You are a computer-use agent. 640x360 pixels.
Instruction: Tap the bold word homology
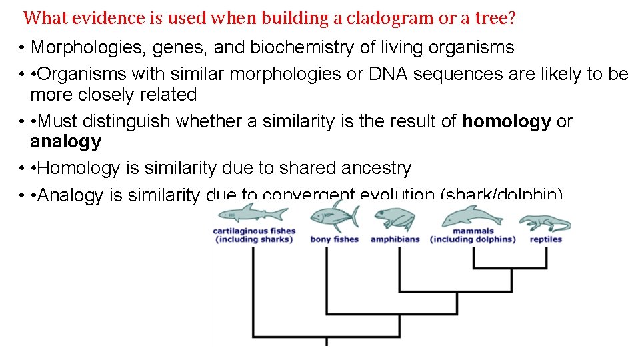coord(507,121)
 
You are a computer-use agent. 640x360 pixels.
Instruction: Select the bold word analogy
coord(65,141)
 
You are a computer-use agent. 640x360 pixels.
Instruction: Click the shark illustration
coord(254,215)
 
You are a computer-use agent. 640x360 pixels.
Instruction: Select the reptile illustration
coord(545,223)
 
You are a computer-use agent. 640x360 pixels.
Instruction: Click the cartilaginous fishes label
coord(254,235)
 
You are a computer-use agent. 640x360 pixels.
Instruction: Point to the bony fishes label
coord(335,239)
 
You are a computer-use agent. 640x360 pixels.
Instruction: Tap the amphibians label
coord(395,239)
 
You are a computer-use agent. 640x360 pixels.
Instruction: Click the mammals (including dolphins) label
coord(473,235)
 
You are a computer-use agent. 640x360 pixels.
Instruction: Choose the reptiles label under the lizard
coord(546,239)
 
